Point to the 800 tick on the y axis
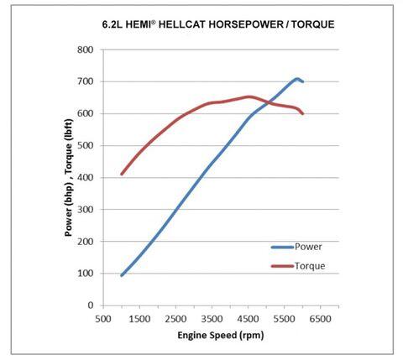(84, 50)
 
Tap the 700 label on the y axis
(84, 81)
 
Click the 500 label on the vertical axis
(84, 145)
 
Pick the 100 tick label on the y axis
(84, 274)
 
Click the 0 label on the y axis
(90, 305)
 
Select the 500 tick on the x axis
(102, 319)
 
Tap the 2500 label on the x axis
(177, 319)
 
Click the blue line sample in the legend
(282, 247)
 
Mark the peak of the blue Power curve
(297, 79)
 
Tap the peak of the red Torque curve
(249, 97)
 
